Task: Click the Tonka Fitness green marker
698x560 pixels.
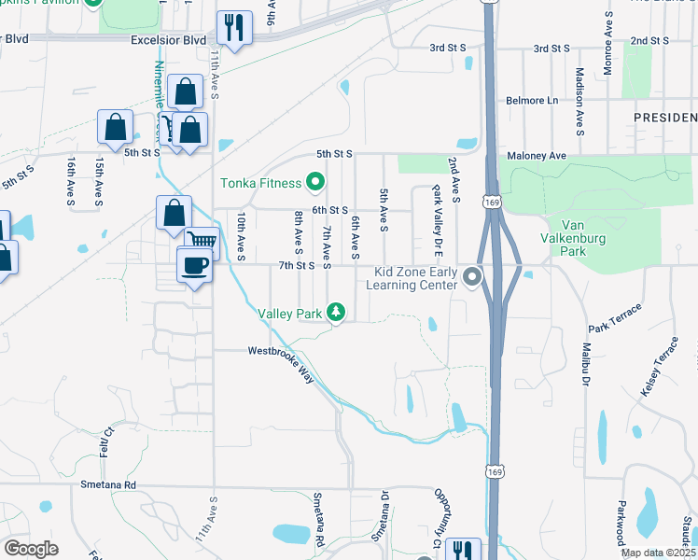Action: pyautogui.click(x=315, y=183)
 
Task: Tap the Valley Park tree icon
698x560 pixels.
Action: pyautogui.click(x=338, y=314)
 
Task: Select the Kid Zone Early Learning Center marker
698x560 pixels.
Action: pyautogui.click(x=473, y=276)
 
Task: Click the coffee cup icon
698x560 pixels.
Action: pyautogui.click(x=194, y=265)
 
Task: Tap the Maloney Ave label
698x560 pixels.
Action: pyautogui.click(x=537, y=155)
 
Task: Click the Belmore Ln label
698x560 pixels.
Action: pyautogui.click(x=531, y=100)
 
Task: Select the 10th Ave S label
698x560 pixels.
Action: pyautogui.click(x=241, y=234)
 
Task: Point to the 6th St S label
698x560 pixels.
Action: pyautogui.click(x=329, y=211)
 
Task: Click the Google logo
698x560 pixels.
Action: pyautogui.click(x=32, y=548)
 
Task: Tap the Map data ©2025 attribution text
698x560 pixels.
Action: pyautogui.click(x=658, y=553)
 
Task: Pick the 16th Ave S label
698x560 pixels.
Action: pyautogui.click(x=70, y=179)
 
